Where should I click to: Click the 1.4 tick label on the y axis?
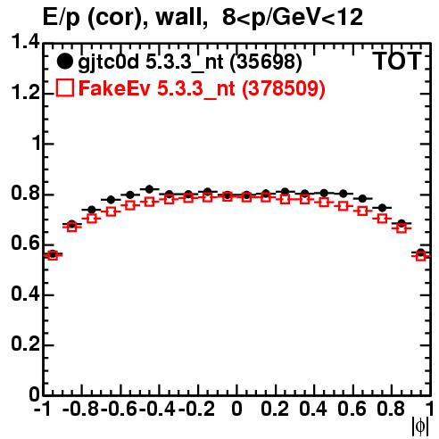pos(25,42)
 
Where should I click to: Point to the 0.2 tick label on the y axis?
pos(25,344)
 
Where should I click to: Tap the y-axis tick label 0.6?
pos(25,244)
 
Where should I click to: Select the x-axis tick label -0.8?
pos(81,409)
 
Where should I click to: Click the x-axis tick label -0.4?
pos(158,409)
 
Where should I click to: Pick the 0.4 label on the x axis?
pos(313,409)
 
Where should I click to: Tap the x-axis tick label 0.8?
pos(391,409)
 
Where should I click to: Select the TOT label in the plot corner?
pos(397,62)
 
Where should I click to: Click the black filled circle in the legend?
pos(65,62)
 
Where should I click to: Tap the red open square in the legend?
pos(65,87)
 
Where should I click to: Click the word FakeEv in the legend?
pos(114,88)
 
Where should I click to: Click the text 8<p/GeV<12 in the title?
pos(293,17)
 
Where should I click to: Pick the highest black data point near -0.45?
pos(149,188)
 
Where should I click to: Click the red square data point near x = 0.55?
pos(343,206)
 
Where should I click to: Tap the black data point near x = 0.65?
pos(362,198)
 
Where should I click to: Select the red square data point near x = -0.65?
pos(111,212)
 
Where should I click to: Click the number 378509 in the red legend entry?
pos(283,88)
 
